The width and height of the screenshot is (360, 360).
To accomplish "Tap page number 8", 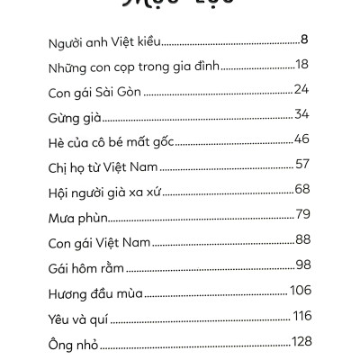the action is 305,40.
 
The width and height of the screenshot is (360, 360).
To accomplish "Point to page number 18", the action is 302,66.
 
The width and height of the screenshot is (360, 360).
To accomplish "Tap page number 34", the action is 301,116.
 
